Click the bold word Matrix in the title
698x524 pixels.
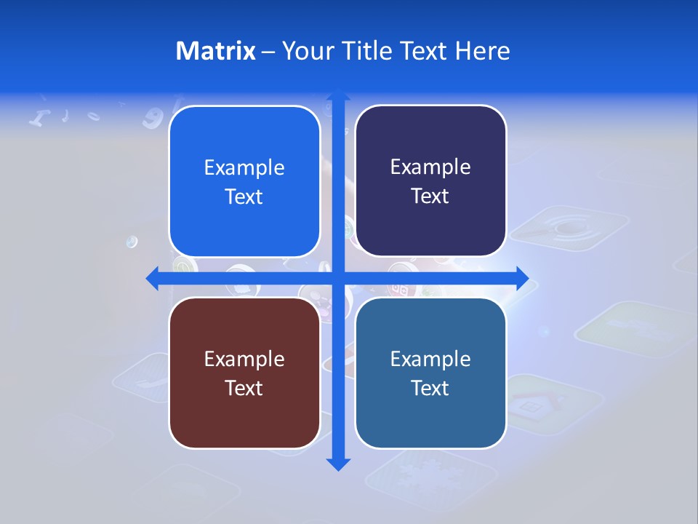click(216, 51)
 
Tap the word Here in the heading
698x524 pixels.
click(482, 51)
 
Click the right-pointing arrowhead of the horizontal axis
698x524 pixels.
click(521, 278)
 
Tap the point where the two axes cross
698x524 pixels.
click(338, 278)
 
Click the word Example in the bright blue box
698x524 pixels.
click(244, 168)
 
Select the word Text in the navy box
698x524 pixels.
click(430, 196)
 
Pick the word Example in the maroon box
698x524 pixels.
click(244, 359)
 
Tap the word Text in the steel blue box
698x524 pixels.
click(430, 388)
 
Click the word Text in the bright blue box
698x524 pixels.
click(244, 197)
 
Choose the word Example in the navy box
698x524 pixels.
click(430, 167)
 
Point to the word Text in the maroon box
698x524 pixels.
click(244, 388)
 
